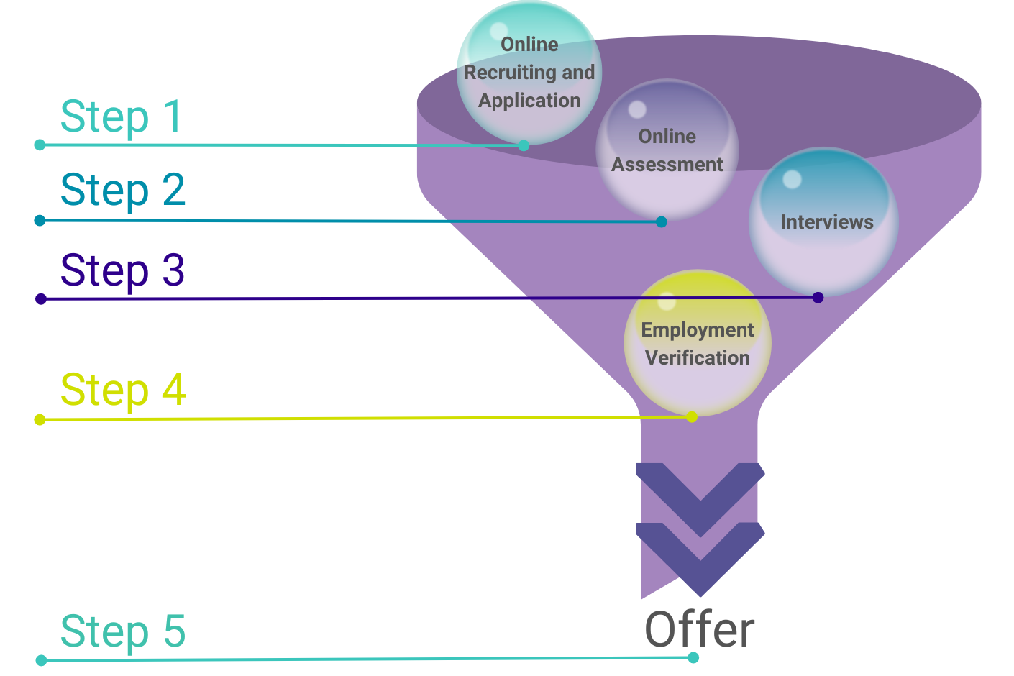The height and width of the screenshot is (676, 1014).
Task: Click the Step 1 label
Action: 122,117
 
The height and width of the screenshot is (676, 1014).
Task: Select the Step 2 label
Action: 123,191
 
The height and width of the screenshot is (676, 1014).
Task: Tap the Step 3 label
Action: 122,271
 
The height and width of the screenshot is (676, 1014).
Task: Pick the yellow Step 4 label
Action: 123,390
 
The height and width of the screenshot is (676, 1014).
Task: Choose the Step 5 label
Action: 123,632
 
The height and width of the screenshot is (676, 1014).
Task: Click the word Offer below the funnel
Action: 699,630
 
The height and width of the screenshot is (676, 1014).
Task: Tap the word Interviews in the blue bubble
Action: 827,222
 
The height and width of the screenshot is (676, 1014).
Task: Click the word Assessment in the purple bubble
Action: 667,165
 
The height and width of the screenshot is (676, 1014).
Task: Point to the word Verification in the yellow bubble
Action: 698,358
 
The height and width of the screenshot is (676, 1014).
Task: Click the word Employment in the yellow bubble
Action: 698,330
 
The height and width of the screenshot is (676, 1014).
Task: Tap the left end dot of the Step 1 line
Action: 40,145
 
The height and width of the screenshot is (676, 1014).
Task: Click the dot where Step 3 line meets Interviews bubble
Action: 818,297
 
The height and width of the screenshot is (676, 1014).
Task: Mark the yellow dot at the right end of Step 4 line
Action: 692,416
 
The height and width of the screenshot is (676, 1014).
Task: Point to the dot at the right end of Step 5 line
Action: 693,657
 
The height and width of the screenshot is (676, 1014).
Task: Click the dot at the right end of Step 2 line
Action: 662,221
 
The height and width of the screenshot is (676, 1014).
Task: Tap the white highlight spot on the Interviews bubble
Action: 792,179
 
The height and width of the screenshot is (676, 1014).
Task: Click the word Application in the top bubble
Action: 529,101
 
